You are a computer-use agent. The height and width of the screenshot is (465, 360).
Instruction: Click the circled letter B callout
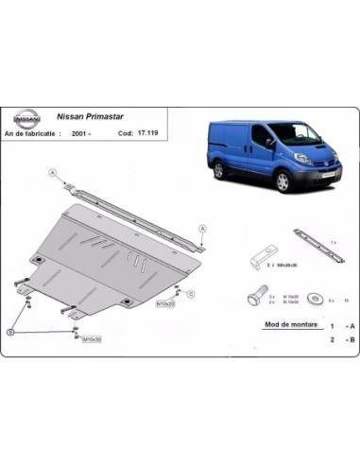[12, 331]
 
